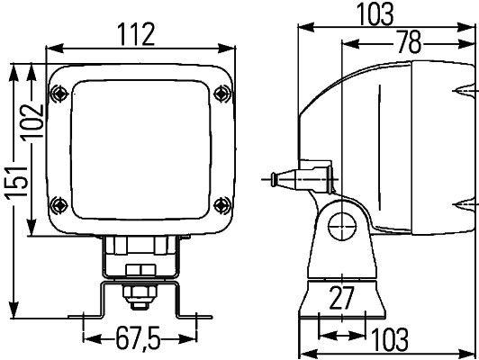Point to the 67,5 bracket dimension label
tap(139, 339)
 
